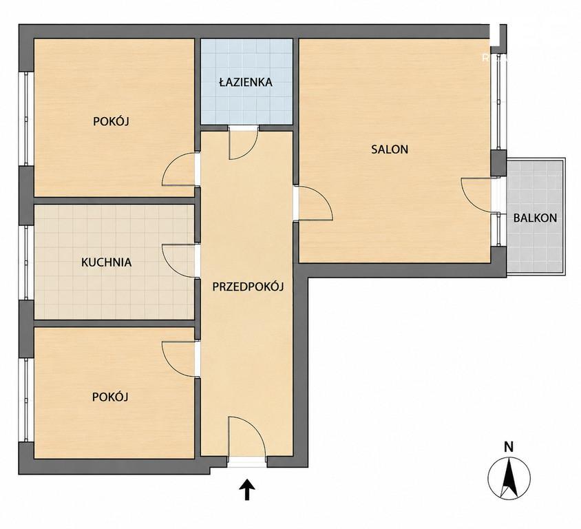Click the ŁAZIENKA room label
point(246,82)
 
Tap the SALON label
point(390,149)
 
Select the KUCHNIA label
point(106,262)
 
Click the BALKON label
point(535,218)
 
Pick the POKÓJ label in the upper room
point(111,121)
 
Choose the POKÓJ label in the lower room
point(110,397)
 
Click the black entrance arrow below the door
point(247,489)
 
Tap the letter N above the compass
point(509,447)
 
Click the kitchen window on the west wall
point(26,262)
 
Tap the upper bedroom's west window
point(26,118)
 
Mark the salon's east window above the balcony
point(499,98)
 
